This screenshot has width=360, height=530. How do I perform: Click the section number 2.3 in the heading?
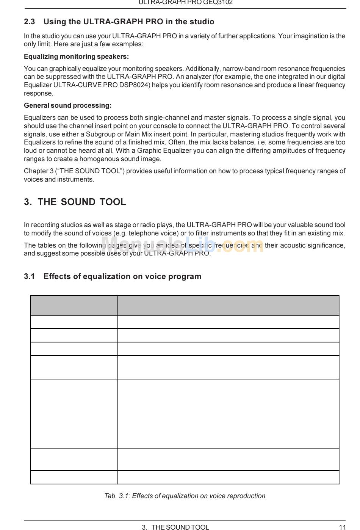tap(29, 22)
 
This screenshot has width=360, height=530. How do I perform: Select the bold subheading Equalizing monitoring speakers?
tap(76, 56)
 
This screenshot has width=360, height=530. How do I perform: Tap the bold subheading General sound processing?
tap(67, 105)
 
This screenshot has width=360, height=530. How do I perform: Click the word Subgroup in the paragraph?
tap(101, 134)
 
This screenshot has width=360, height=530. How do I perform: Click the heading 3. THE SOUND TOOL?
tap(75, 202)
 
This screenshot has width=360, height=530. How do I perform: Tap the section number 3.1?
tap(29, 276)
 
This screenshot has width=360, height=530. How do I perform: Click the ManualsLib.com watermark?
tap(182, 245)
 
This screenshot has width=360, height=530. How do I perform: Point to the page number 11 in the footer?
tap(342, 527)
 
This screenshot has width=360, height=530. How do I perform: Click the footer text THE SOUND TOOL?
tap(180, 527)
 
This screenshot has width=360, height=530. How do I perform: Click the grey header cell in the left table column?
tap(74, 305)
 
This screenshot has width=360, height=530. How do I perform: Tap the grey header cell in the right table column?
tap(228, 305)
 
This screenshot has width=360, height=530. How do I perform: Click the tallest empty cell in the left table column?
tap(74, 413)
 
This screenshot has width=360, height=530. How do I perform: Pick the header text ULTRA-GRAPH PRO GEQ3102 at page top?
tap(185, 3)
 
